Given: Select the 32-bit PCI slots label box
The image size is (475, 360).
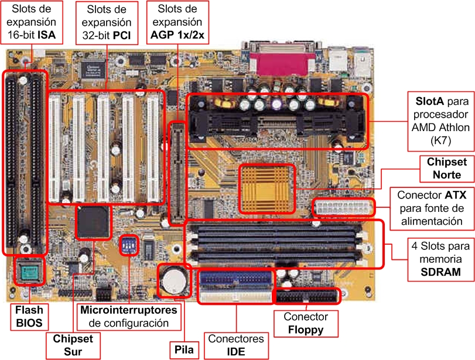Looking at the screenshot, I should [x=107, y=22].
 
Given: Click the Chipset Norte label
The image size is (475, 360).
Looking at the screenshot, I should [x=443, y=169].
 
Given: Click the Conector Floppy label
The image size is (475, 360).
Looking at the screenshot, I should [x=306, y=323].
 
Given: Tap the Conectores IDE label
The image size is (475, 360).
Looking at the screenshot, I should [x=235, y=345].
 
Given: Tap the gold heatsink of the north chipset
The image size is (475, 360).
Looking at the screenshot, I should [x=266, y=188].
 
